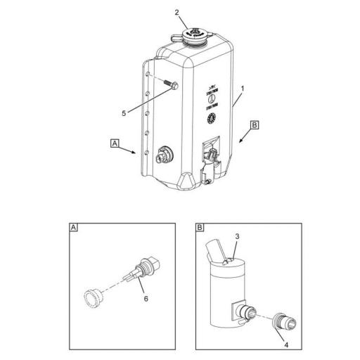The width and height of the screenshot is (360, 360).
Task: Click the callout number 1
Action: [x=242, y=90]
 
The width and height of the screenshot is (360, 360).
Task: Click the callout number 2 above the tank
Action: [x=177, y=13]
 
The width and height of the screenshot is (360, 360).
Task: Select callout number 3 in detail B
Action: [x=238, y=237]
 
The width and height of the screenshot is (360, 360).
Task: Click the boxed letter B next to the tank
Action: [x=255, y=125]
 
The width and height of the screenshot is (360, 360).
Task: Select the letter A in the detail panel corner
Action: [x=74, y=228]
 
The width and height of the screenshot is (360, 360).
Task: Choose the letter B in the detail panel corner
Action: [x=200, y=228]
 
